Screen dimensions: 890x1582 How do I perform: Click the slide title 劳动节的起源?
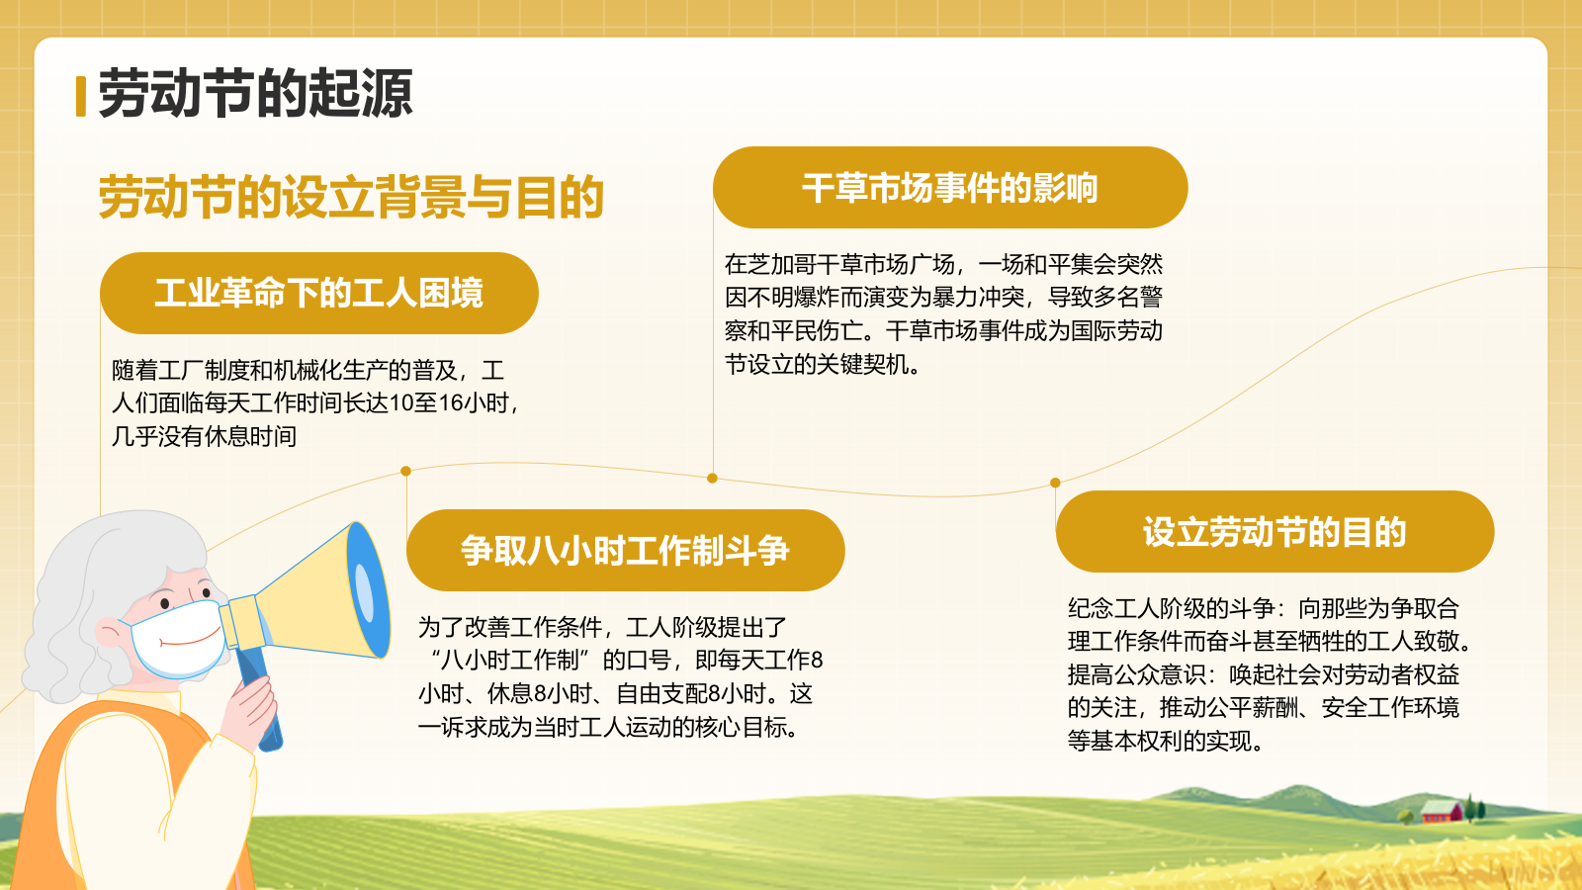[x=255, y=95]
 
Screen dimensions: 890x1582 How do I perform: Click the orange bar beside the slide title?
[x=80, y=96]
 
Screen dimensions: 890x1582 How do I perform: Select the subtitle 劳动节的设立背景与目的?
[x=351, y=197]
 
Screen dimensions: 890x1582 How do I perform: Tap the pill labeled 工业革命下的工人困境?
[x=318, y=293]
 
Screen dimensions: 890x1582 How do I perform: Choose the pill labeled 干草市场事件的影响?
[x=949, y=188]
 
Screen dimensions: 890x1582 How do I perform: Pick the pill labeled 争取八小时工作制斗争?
[x=625, y=550]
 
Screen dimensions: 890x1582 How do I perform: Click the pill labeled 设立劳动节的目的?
[x=1274, y=532]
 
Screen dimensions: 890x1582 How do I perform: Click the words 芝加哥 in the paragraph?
[x=782, y=265]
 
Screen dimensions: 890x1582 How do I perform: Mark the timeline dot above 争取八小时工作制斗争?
[x=405, y=471]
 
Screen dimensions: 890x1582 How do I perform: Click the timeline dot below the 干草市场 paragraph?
[x=712, y=479]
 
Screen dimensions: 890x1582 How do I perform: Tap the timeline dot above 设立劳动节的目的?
[x=1055, y=483]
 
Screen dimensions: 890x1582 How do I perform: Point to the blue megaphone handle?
[x=260, y=704]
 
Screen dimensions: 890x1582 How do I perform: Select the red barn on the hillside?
[x=1441, y=813]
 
